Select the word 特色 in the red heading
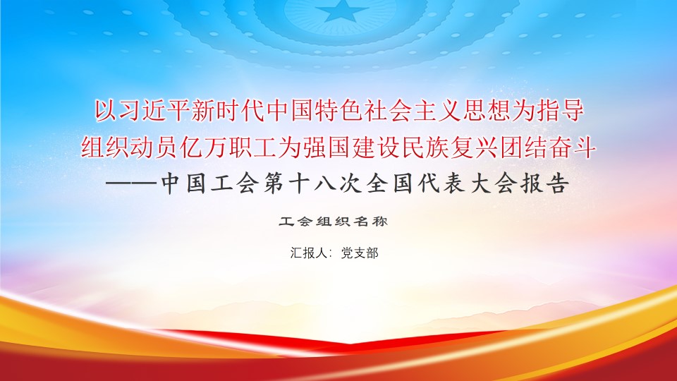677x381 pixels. tap(339, 111)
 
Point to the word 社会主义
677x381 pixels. tap(412, 111)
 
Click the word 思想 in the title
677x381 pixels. tap(486, 111)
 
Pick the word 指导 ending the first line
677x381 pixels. tap(560, 111)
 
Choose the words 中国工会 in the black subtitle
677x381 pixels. tap(210, 184)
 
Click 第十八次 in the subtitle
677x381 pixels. tap(312, 184)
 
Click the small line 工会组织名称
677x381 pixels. tap(333, 222)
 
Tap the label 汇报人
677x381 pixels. tap(309, 253)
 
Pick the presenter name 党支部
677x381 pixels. tap(360, 253)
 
